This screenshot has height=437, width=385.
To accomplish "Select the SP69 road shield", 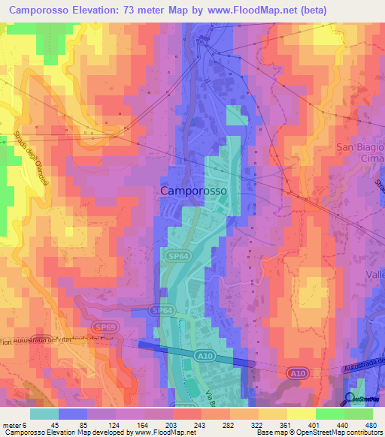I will coord(104,329).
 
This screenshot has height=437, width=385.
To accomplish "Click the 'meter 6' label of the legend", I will coord(15,424).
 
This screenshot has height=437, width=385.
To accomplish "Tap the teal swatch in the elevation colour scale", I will coord(44,413).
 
